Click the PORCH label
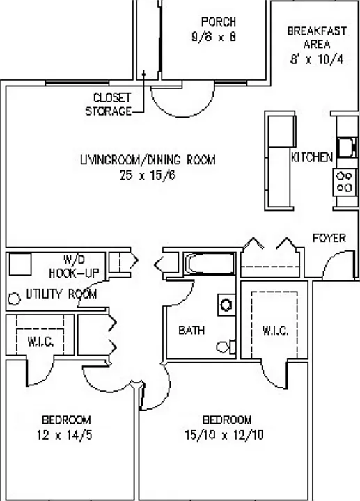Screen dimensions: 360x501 coord(219,22)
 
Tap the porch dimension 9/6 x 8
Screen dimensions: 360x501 coord(214,37)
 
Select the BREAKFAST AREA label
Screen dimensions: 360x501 coord(317,38)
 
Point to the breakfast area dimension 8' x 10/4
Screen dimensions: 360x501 coord(317,59)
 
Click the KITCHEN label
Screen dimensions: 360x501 coord(312,157)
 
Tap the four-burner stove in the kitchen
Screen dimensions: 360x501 coord(345,182)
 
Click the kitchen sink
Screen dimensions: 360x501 coord(347,148)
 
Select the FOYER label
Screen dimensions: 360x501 coord(329,238)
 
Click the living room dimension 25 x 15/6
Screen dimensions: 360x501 coord(148,175)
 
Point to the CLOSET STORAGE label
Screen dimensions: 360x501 coord(109,104)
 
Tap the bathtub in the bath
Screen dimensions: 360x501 coord(210,264)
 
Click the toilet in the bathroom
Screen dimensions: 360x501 coord(226,347)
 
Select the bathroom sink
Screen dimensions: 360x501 coord(227,305)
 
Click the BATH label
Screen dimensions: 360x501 coord(191,330)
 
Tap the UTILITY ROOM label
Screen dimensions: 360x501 coord(61,294)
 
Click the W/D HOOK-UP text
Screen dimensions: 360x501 coord(75,267)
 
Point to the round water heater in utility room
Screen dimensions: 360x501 coord(14,299)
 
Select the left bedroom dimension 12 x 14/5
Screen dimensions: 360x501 coord(65,435)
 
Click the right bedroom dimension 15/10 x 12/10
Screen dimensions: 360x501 coord(224,435)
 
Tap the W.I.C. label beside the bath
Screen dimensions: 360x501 coord(275,331)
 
